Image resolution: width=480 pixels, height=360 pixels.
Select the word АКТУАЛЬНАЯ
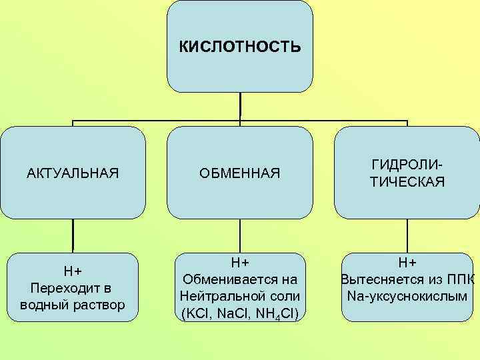73,174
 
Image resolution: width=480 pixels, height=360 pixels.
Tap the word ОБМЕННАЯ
240,174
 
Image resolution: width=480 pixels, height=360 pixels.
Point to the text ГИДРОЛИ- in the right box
407,165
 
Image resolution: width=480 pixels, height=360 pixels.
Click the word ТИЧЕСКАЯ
407,182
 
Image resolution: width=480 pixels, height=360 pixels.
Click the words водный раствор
73,305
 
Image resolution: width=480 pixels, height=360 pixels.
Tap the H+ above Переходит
73,271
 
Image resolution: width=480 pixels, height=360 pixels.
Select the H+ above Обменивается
240,262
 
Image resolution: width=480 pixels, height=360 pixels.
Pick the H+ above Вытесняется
407,262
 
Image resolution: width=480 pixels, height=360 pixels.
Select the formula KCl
194,313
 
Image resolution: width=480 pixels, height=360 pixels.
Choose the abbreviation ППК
461,279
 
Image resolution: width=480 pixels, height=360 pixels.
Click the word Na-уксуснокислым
407,295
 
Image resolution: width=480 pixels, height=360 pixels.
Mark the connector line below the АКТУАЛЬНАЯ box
73,236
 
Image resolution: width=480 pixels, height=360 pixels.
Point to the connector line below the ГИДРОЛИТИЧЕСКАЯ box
407,236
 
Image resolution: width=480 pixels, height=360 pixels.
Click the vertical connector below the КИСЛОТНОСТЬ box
240,105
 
